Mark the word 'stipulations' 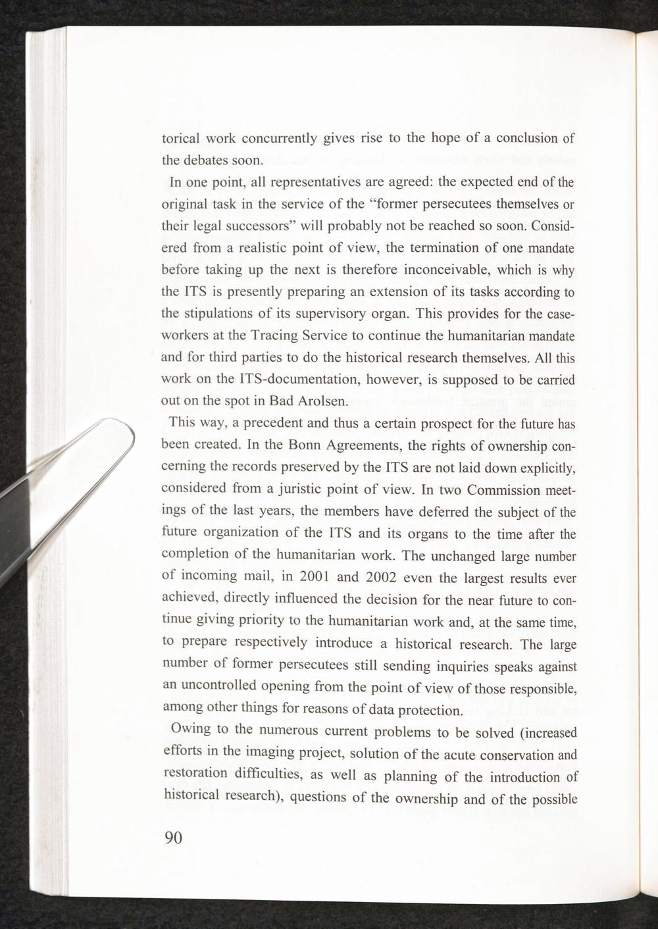pos(220,313)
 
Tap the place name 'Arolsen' pos(314,401)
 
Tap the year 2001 pos(314,577)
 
